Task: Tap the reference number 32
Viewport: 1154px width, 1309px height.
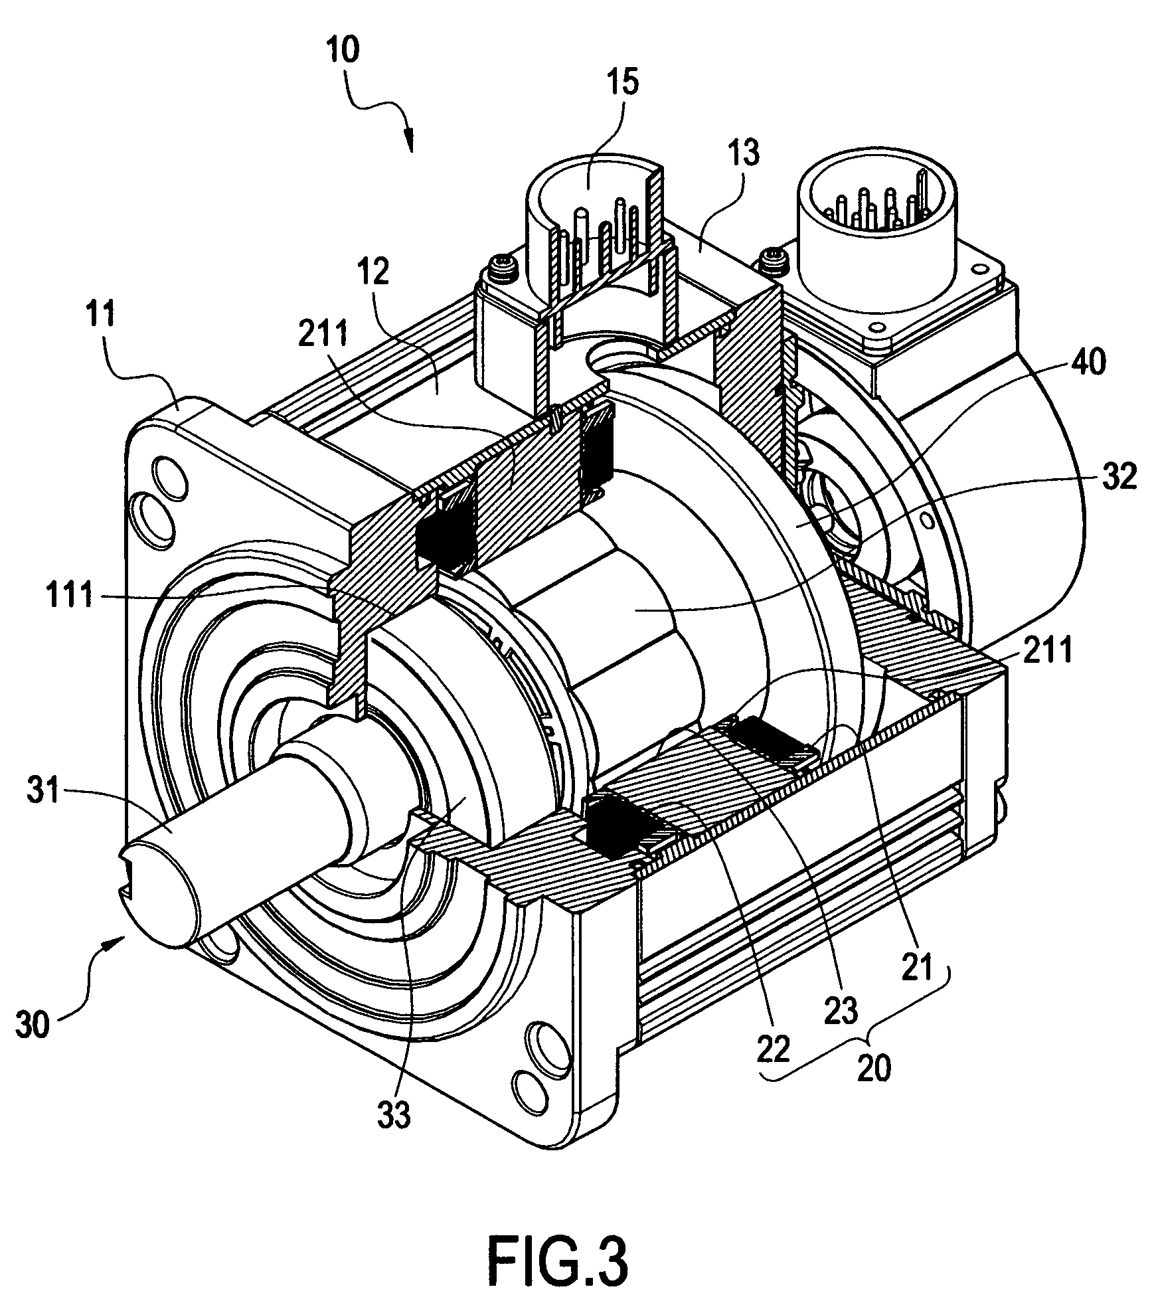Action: (x=1117, y=478)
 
